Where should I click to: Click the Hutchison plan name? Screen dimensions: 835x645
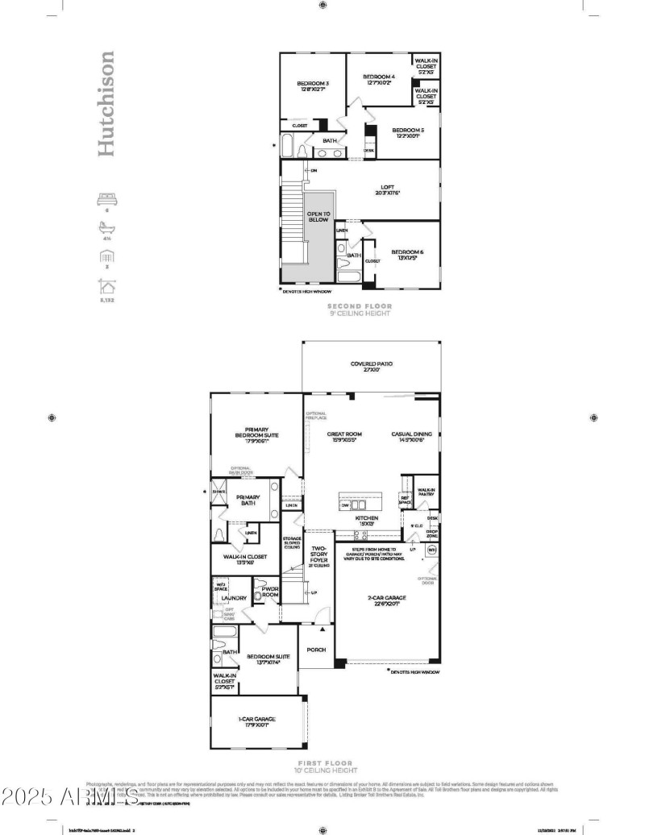(x=106, y=104)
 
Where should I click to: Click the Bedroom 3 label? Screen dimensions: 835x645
(x=312, y=85)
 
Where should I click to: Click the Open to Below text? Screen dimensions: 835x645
(x=318, y=217)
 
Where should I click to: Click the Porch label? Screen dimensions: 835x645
(x=315, y=650)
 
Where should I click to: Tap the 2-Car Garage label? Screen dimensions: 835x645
(x=387, y=597)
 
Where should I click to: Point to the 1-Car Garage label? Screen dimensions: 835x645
(x=256, y=721)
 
